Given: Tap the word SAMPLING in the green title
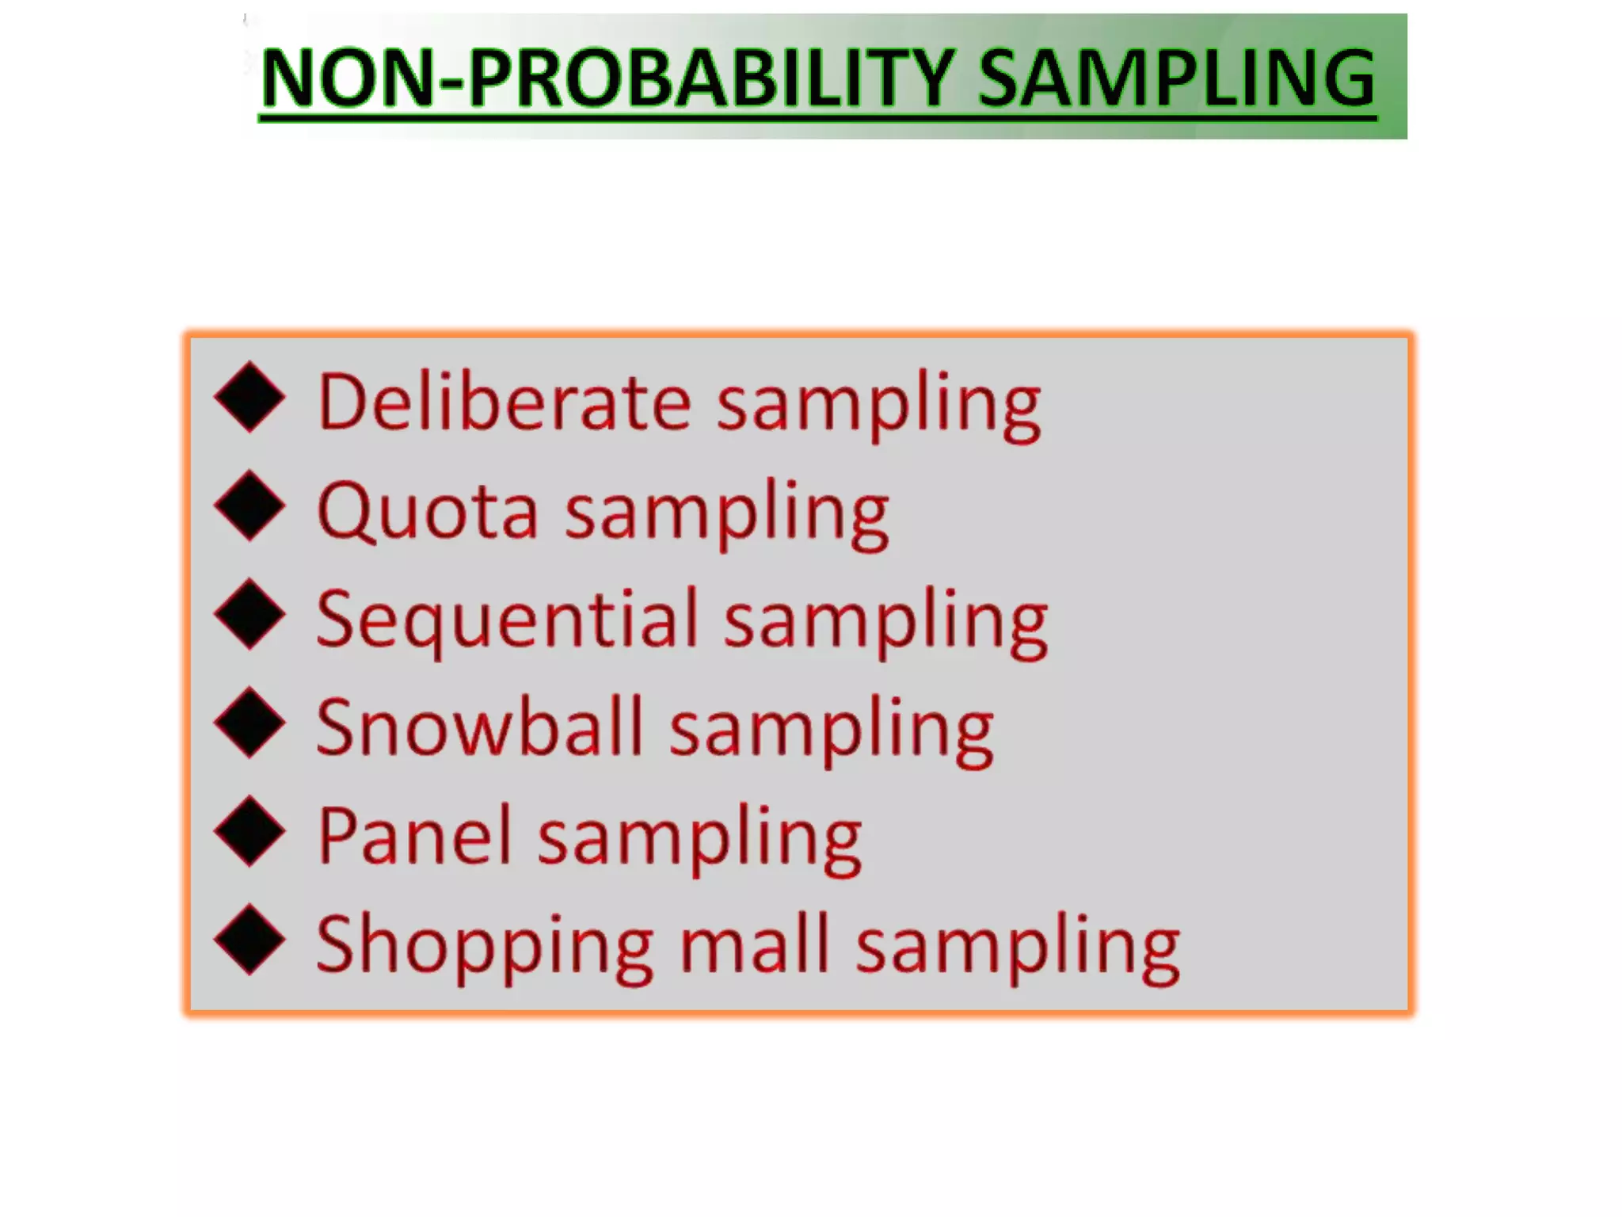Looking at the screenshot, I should (1178, 78).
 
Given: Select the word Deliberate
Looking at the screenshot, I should (505, 402).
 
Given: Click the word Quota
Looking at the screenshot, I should (428, 511).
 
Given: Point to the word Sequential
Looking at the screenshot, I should (508, 620).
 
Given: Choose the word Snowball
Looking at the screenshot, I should (480, 727).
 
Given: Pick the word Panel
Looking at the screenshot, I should (415, 836).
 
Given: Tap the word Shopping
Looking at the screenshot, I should (485, 946).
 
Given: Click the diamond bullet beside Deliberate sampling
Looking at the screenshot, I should (249, 397).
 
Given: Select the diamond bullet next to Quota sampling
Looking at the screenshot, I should (249, 505).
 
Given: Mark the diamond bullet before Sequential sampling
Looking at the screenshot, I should (249, 614).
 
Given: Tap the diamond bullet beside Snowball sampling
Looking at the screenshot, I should (249, 722).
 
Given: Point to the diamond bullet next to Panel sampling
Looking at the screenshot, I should (249, 830).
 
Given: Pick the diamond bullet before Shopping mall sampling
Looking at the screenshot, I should (249, 939).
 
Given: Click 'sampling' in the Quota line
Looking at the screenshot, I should (727, 515).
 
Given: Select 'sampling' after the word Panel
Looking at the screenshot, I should (700, 840).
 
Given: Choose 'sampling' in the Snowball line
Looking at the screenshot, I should (832, 731).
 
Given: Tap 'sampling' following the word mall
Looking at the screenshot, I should (1019, 948).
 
